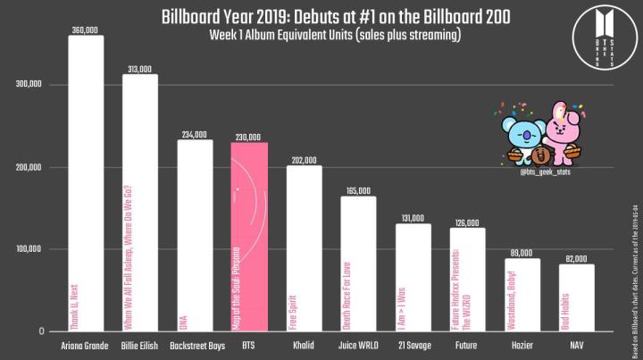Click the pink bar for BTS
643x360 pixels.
point(249,237)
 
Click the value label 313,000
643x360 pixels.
point(140,69)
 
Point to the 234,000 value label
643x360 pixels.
point(195,135)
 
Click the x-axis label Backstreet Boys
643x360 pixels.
point(195,344)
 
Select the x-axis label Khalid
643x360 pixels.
point(304,344)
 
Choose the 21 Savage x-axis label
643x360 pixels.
point(413,344)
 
